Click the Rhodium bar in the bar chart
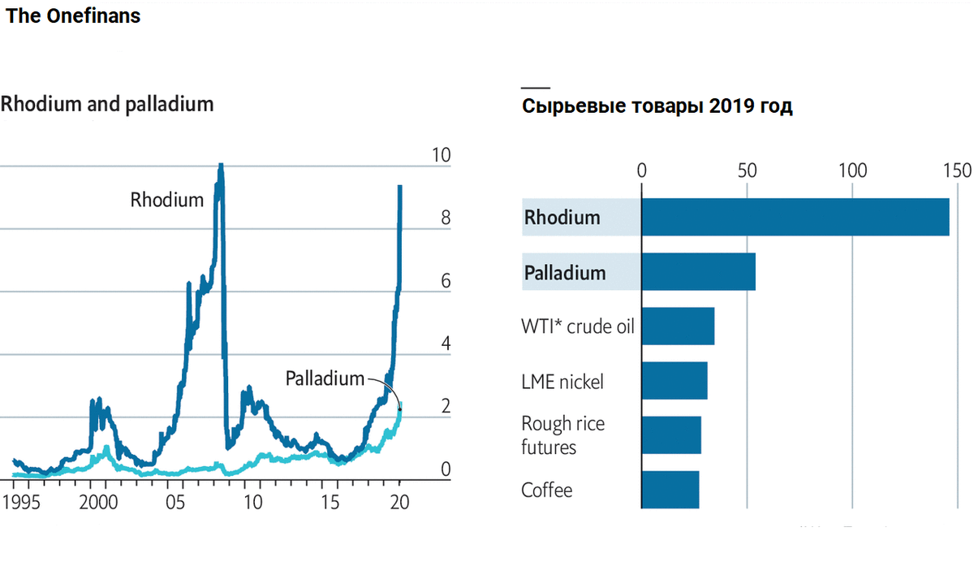tap(795, 217)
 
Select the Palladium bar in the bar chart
tap(698, 272)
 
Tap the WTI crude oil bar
tap(678, 326)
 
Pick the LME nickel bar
tap(674, 381)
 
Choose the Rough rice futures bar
tap(670, 435)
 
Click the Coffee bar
tap(670, 490)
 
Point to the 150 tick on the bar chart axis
tap(957, 171)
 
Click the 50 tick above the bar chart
tap(747, 171)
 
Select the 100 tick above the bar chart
tap(852, 171)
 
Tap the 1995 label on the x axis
tap(19, 502)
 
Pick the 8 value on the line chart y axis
tap(445, 218)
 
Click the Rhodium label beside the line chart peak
tap(167, 200)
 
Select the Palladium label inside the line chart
tap(325, 378)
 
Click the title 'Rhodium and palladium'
tap(107, 104)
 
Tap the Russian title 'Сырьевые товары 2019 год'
tap(657, 106)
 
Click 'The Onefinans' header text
tap(73, 15)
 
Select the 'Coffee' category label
tap(546, 491)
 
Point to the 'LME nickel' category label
tap(562, 382)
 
